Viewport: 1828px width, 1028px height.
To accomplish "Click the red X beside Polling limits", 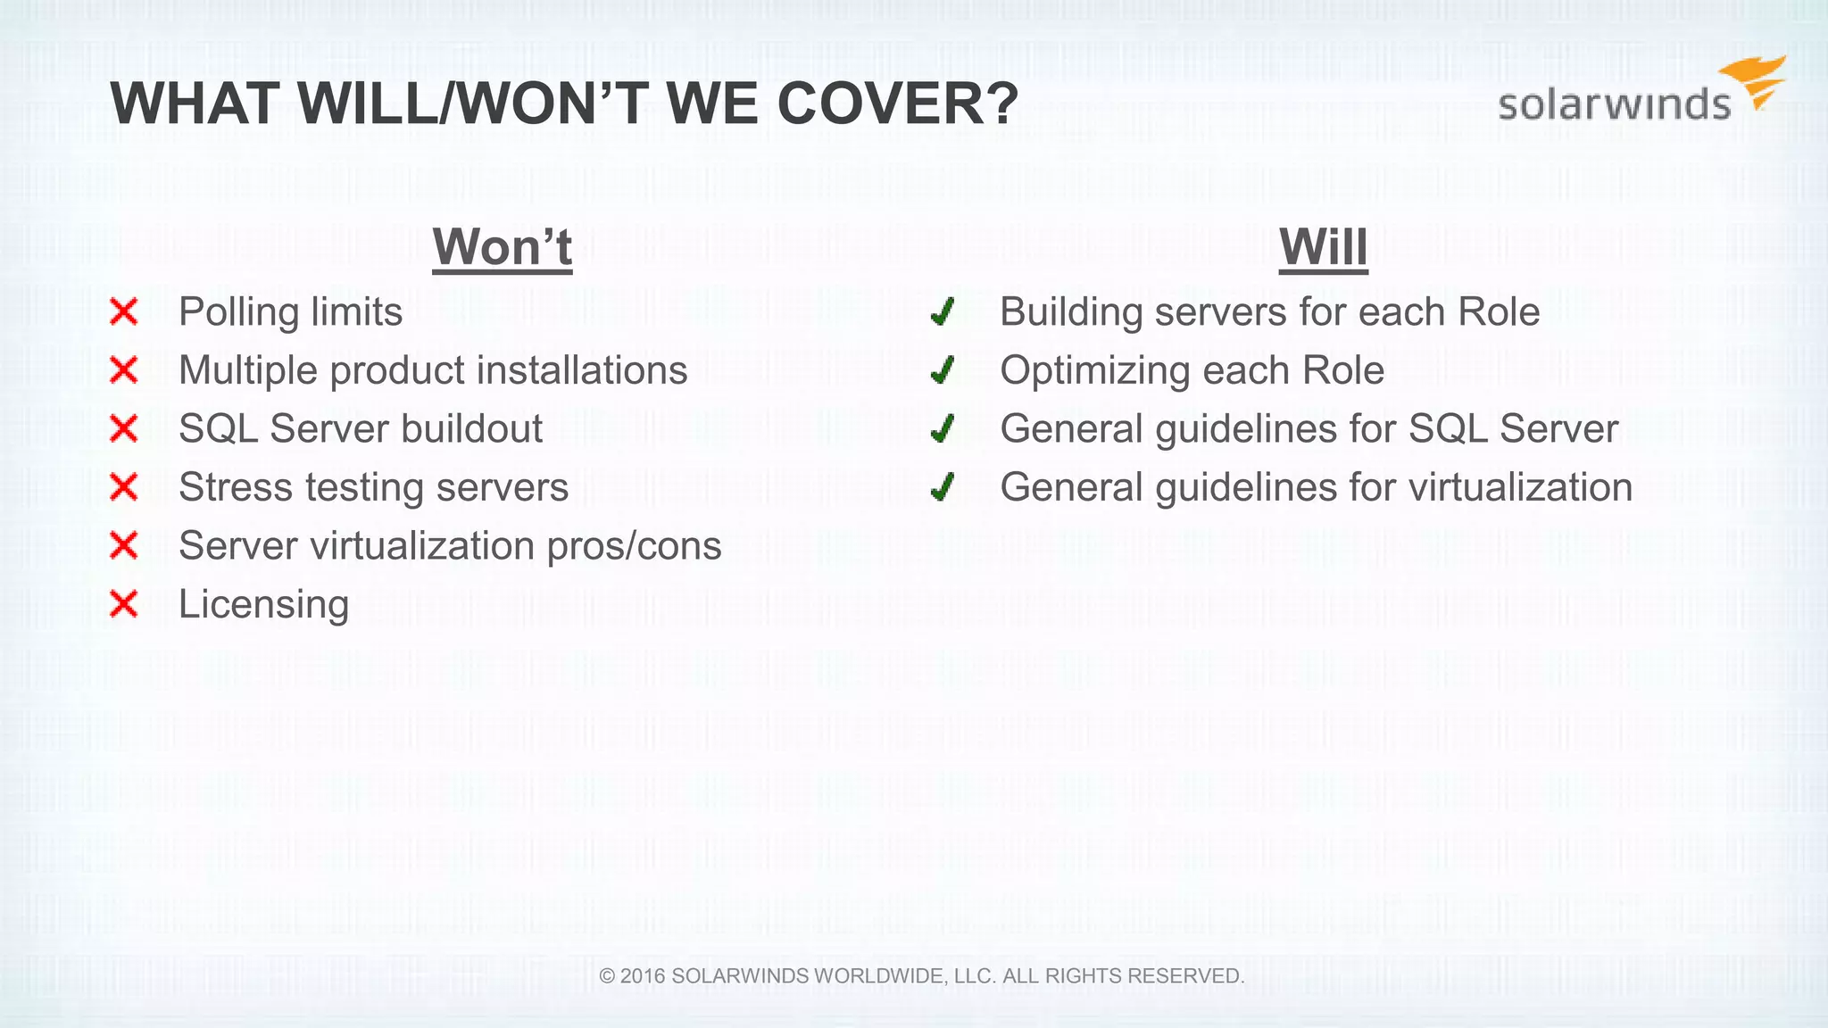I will pyautogui.click(x=124, y=312).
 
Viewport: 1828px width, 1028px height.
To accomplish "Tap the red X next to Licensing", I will pyautogui.click(x=124, y=604).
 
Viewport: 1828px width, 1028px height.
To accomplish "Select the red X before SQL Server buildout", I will pyautogui.click(x=124, y=429).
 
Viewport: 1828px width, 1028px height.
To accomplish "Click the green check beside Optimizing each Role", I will pyautogui.click(x=943, y=370).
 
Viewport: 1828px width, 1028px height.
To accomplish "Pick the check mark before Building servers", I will pyautogui.click(x=943, y=312).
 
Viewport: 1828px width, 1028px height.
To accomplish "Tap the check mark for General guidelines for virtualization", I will pyautogui.click(x=943, y=487).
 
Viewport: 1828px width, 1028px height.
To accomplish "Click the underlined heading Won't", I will pyautogui.click(x=502, y=247).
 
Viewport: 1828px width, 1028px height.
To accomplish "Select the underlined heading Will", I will pyautogui.click(x=1323, y=247).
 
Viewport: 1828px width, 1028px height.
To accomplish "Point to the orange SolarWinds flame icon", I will pyautogui.click(x=1756, y=80).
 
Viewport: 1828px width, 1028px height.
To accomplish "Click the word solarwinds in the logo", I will pyautogui.click(x=1614, y=104).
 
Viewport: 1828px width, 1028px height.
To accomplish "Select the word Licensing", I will pyautogui.click(x=263, y=604).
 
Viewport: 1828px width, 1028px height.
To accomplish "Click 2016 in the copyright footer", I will pyautogui.click(x=643, y=976).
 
